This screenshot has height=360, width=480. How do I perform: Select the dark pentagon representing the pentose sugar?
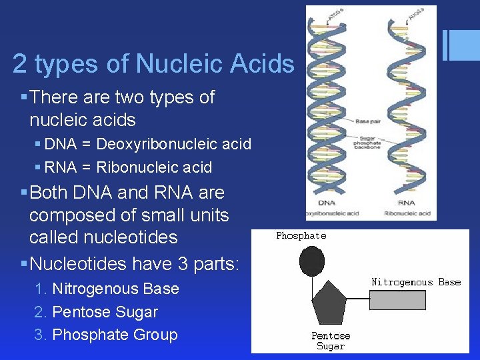(331, 304)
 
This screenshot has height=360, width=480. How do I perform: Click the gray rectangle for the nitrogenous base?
(397, 300)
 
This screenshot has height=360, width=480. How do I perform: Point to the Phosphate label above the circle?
(301, 235)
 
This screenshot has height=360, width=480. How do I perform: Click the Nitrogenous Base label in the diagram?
(416, 282)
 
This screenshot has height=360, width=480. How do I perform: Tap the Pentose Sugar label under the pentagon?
(331, 341)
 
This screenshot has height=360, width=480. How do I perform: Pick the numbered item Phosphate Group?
(115, 335)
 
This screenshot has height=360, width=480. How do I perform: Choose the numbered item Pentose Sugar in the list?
(105, 312)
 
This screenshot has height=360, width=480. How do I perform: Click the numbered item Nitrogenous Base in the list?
(115, 289)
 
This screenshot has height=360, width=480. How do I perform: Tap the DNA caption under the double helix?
(326, 203)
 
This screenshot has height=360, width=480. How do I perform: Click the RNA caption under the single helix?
(405, 203)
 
